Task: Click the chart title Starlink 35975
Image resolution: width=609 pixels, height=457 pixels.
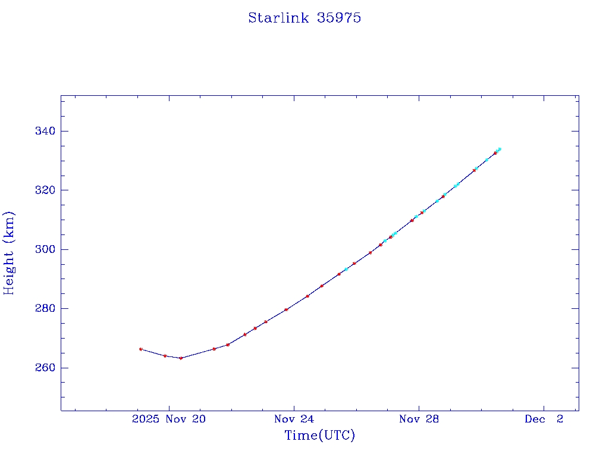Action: point(304,18)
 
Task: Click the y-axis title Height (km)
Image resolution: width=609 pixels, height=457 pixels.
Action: point(10,253)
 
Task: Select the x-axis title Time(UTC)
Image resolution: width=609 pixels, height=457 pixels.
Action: point(319,436)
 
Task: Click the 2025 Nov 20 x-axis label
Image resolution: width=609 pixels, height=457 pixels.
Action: point(169,420)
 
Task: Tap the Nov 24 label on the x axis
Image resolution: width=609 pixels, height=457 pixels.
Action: point(294,420)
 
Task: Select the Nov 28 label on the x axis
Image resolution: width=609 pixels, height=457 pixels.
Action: point(419,420)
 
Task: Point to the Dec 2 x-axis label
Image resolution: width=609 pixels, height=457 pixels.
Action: point(544,420)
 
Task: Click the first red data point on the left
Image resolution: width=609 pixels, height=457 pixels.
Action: point(141,349)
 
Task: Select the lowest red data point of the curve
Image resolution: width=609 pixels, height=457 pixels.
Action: point(181,358)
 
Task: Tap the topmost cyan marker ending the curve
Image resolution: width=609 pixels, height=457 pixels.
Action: point(500,149)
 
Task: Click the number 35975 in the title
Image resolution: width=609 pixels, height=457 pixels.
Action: point(339,18)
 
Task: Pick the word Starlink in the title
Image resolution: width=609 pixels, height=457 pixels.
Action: point(279,18)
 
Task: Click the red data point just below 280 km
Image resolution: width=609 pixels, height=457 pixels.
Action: point(286,309)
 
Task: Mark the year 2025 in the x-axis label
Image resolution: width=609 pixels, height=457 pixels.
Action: point(145,420)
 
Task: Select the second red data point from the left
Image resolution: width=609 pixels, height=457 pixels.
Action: point(165,356)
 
